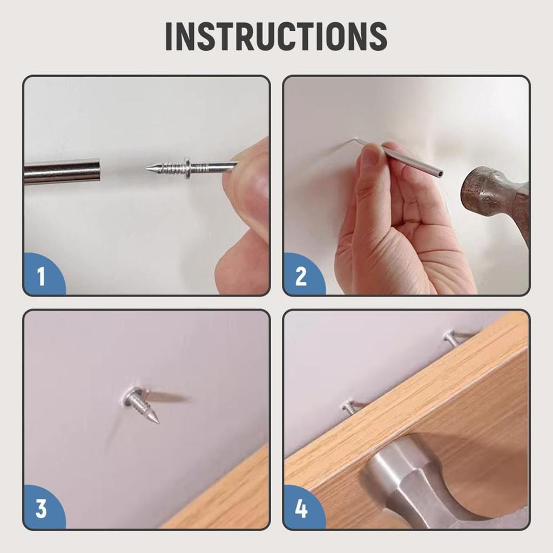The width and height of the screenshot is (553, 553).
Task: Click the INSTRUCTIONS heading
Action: pos(276,36)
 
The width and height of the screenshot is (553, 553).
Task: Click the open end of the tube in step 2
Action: pos(439,172)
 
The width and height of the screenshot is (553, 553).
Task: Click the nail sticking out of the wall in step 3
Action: pos(141,404)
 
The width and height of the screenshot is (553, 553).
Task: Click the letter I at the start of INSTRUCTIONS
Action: pos(169,36)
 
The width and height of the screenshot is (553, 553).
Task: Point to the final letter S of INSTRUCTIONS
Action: pos(377,36)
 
